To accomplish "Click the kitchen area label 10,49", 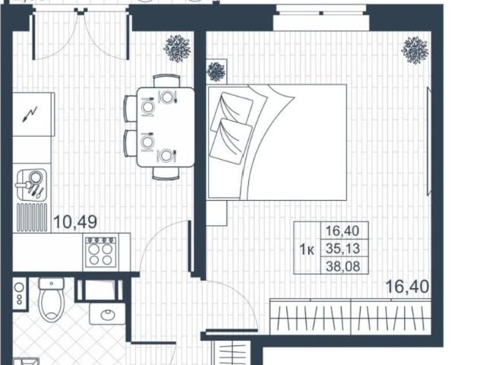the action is (x=75, y=222).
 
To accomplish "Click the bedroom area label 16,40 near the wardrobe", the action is (x=407, y=287).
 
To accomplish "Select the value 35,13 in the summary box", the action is (x=342, y=249).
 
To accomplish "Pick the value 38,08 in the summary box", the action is (x=342, y=266).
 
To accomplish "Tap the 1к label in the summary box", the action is (x=307, y=249).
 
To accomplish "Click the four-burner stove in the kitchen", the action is (x=101, y=252).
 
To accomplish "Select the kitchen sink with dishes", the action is (x=31, y=185).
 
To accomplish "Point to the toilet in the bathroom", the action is (x=52, y=299).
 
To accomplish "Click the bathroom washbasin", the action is (x=107, y=314).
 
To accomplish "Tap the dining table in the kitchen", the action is (x=166, y=127).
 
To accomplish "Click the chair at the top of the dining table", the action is (x=166, y=81).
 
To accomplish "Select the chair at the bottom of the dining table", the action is (x=166, y=173).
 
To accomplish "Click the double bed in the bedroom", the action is (x=277, y=142).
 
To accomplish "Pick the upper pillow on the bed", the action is (x=232, y=110).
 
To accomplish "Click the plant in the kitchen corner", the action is (x=177, y=49).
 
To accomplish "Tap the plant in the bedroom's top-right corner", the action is (x=415, y=50).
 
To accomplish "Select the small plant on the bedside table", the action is (x=216, y=71).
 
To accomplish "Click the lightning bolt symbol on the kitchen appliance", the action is (x=30, y=114).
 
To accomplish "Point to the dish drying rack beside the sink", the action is (x=32, y=217).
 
